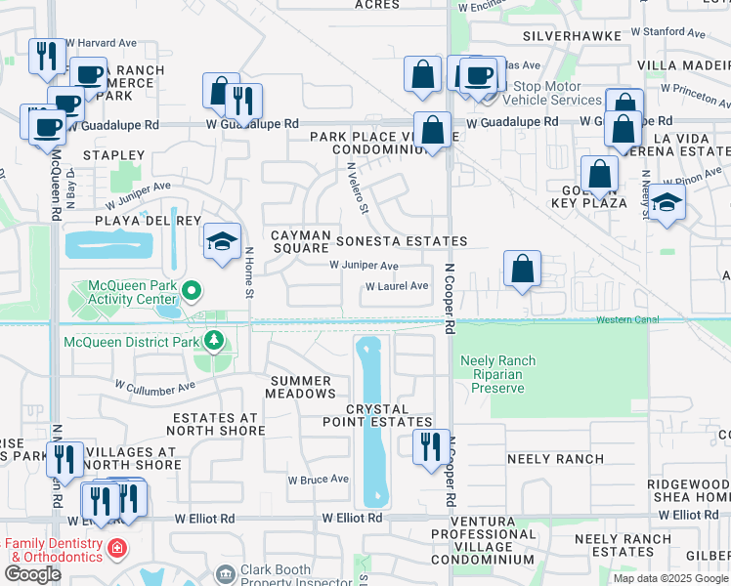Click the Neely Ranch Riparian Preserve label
[x=498, y=374]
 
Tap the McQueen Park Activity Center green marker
[x=192, y=290]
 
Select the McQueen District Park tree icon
[x=214, y=341]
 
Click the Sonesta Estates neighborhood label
[x=401, y=241]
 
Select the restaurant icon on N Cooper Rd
[x=431, y=447]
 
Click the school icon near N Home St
[x=223, y=240]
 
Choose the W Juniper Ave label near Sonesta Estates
[x=364, y=266]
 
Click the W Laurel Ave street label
[x=397, y=286]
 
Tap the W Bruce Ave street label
[x=319, y=480]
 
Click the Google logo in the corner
[x=32, y=573]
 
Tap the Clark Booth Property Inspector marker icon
[x=225, y=571]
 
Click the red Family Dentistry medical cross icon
[x=117, y=548]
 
